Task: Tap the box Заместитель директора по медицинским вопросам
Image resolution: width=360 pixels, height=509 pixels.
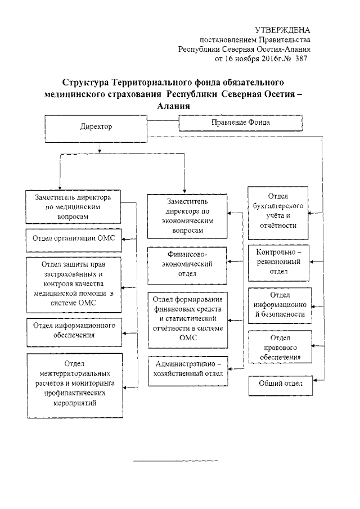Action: (75, 207)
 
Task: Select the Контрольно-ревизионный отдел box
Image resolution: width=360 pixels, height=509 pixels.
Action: (279, 262)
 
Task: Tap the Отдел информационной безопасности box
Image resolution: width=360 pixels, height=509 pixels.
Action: (280, 305)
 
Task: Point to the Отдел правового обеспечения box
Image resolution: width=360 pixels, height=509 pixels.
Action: (280, 348)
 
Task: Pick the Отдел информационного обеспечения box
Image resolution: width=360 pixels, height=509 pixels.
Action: (74, 330)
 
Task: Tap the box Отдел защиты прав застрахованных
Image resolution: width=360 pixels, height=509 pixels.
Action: (74, 284)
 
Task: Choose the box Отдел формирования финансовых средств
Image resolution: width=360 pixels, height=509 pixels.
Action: (188, 319)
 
